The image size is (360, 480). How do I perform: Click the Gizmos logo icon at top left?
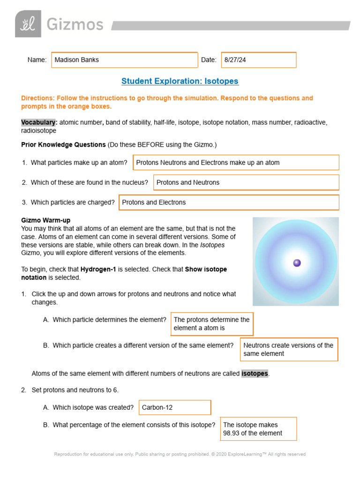[28, 24]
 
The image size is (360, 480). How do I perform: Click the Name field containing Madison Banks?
[124, 60]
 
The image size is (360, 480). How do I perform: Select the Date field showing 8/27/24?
[258, 60]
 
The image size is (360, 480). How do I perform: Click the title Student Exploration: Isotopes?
[180, 81]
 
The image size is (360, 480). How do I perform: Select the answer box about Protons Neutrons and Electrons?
[236, 163]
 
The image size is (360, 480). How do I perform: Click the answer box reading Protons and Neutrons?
[246, 182]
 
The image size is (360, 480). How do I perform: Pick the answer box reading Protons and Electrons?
[229, 202]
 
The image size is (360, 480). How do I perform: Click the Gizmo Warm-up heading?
[46, 220]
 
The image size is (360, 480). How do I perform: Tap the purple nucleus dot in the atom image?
[297, 263]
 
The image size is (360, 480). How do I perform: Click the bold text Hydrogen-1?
[98, 270]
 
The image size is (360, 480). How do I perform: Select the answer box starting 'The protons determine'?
[212, 324]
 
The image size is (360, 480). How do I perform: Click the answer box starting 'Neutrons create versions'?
[289, 349]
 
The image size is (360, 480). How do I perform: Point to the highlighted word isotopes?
[255, 374]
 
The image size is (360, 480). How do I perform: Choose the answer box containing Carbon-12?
[175, 407]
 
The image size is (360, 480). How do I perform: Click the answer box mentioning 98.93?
[258, 429]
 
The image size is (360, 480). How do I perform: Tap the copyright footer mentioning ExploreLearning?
[180, 454]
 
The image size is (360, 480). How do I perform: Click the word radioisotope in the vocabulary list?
[39, 131]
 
